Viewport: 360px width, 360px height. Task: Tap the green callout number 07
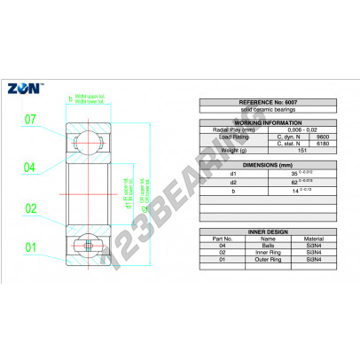(29, 119)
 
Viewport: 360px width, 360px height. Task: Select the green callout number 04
(29, 166)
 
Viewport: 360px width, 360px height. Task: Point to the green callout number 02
(29, 208)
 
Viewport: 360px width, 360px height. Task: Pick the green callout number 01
(29, 247)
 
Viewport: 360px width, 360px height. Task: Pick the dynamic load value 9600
(323, 137)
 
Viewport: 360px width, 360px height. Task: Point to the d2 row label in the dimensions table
(233, 181)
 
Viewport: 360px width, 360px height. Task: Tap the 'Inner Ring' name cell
(268, 253)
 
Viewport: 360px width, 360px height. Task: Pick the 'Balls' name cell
(268, 246)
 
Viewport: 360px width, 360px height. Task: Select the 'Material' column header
(314, 239)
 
